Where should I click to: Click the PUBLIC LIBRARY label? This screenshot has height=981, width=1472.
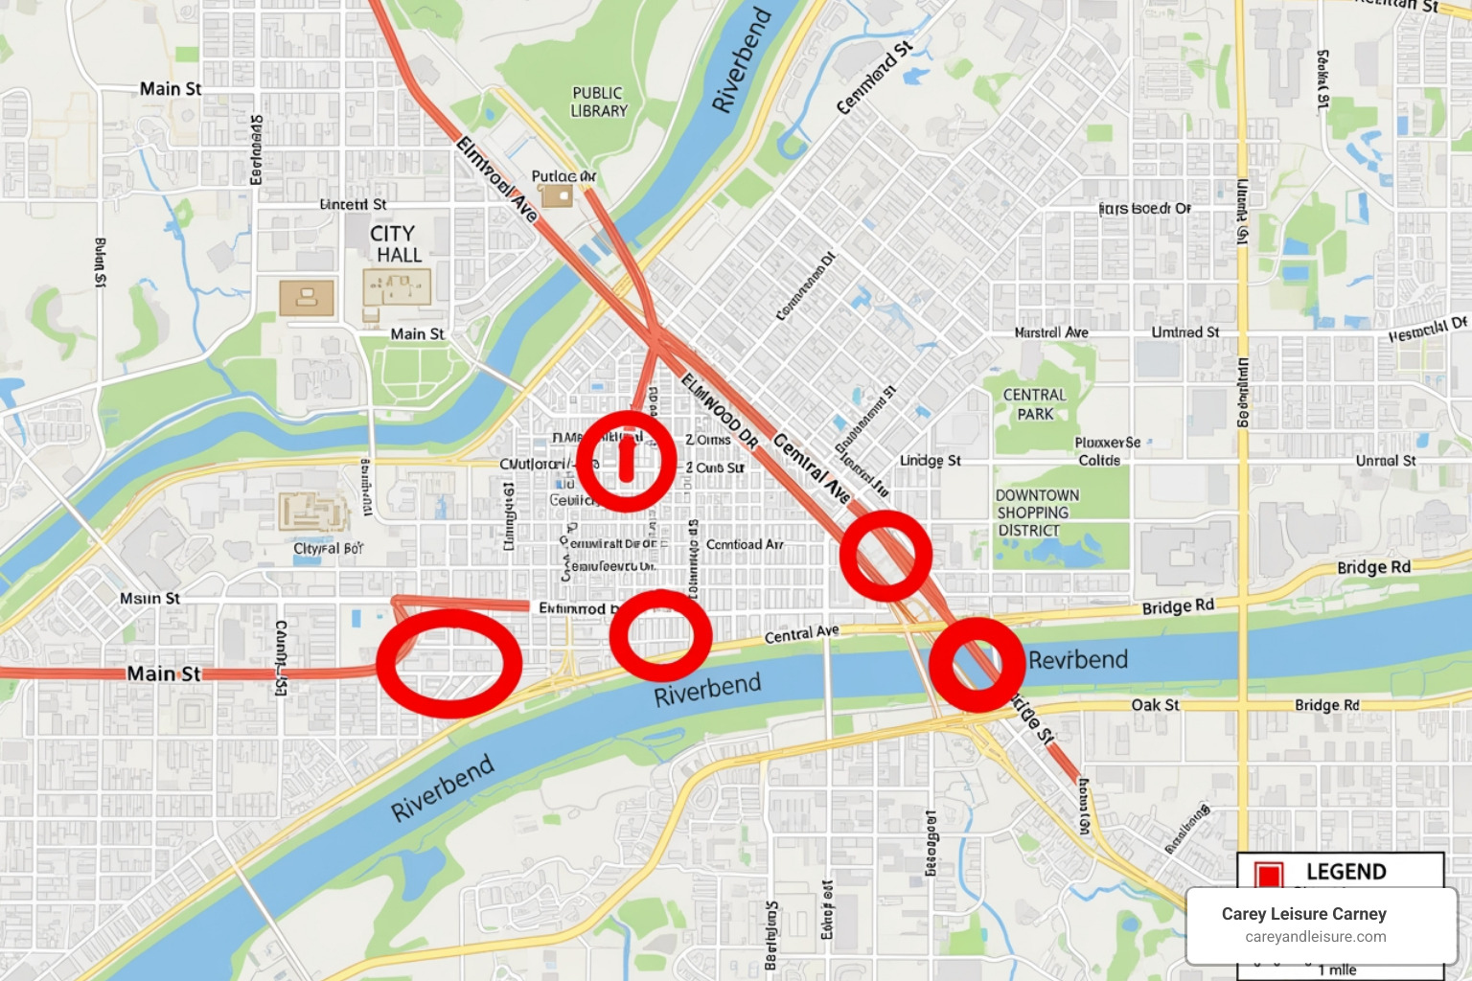598,102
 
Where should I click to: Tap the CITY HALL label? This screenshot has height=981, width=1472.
395,243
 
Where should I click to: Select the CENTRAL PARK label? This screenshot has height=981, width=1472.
1035,404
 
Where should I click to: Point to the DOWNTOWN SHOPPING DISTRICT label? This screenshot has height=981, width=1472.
1036,513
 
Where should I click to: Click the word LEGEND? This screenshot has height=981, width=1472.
1345,872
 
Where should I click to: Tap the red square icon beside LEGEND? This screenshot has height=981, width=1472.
1269,874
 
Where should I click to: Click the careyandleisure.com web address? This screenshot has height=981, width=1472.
1315,937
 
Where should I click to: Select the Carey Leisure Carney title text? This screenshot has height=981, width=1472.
1303,914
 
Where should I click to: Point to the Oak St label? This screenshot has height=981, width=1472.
1155,705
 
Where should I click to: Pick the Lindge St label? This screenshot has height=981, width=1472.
930,461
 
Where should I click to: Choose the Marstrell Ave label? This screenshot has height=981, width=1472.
1051,332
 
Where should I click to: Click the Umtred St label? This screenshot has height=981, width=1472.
1184,332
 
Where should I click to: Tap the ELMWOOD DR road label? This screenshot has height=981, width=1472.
720,412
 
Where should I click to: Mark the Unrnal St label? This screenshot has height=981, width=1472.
1385,461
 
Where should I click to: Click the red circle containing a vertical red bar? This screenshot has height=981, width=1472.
627,461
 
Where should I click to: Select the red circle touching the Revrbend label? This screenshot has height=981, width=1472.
977,664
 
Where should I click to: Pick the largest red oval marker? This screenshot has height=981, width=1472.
448,663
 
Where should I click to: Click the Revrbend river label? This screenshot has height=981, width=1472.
1077,660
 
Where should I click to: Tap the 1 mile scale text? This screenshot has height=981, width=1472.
1337,970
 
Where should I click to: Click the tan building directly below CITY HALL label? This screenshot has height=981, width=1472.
397,288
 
